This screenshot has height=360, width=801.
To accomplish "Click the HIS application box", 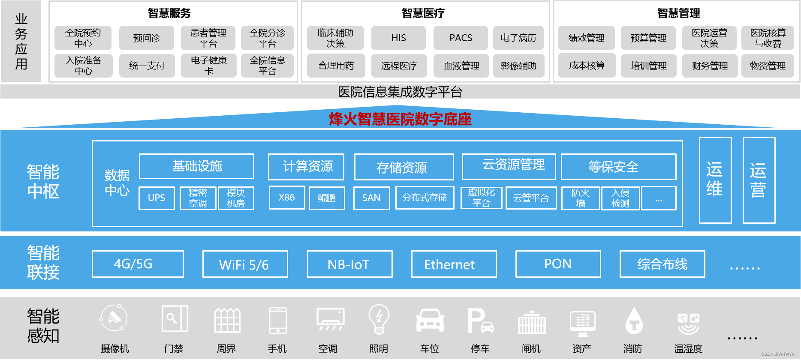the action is pyautogui.click(x=398, y=38).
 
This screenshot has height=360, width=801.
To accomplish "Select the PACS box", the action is pyautogui.click(x=461, y=38).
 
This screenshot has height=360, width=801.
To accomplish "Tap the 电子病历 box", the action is pyautogui.click(x=518, y=38).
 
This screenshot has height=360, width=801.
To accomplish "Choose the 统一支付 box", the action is pyautogui.click(x=147, y=66).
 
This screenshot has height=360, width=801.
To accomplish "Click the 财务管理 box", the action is pyautogui.click(x=710, y=66).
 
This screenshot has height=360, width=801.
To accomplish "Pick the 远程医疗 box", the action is pyautogui.click(x=399, y=66).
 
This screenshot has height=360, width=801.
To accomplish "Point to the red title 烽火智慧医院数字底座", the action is pyautogui.click(x=400, y=119).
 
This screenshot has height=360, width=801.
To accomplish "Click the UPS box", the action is pyautogui.click(x=157, y=198).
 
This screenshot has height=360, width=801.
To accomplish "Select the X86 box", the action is pyautogui.click(x=287, y=198).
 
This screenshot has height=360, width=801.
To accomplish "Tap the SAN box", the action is pyautogui.click(x=371, y=198).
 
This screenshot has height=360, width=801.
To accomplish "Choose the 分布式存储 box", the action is pyautogui.click(x=425, y=198).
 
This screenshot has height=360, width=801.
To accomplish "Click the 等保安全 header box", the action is pyautogui.click(x=618, y=167).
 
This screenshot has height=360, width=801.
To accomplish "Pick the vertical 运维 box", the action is pyautogui.click(x=715, y=180).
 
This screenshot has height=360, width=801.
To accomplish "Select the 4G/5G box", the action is pyautogui.click(x=138, y=264).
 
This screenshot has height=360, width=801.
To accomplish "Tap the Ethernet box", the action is pyautogui.click(x=454, y=264).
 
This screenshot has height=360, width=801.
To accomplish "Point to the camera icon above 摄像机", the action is pyautogui.click(x=114, y=318).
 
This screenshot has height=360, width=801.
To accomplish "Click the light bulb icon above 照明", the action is pyautogui.click(x=379, y=319).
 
